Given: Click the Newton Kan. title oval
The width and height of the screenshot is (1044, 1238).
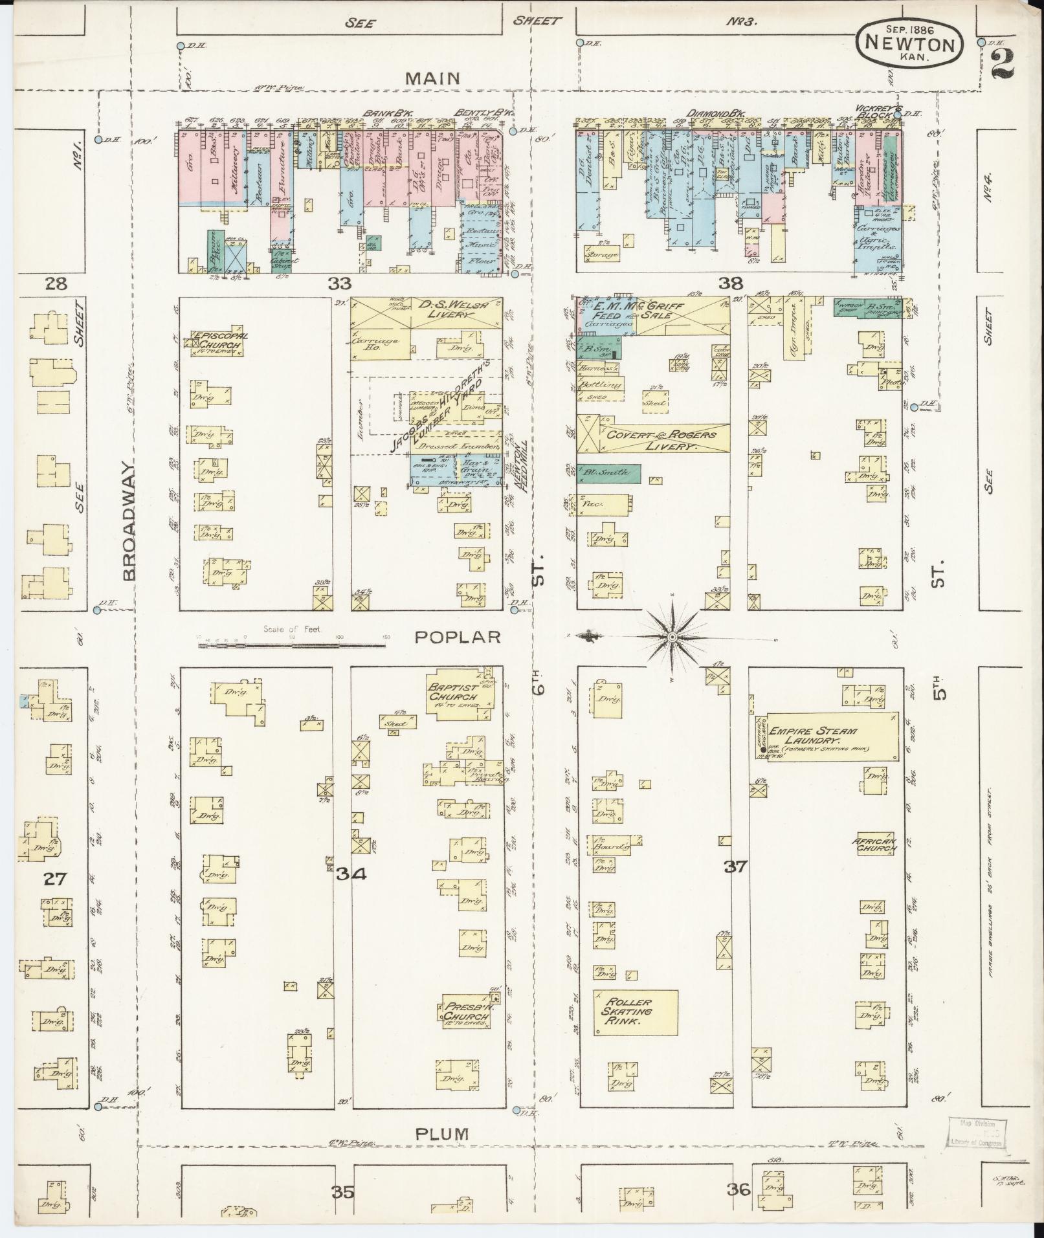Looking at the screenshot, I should tap(910, 41).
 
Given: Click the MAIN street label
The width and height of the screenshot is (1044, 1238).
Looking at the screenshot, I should tap(433, 78).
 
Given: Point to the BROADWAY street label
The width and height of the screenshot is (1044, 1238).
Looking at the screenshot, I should tap(129, 522).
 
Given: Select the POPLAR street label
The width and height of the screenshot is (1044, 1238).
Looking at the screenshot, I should tap(458, 637).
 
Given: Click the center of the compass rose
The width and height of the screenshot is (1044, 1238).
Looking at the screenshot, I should tap(672, 637).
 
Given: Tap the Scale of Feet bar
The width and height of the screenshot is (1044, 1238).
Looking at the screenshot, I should tap(291, 643).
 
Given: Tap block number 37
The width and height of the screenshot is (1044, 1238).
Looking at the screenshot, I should tap(736, 866).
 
